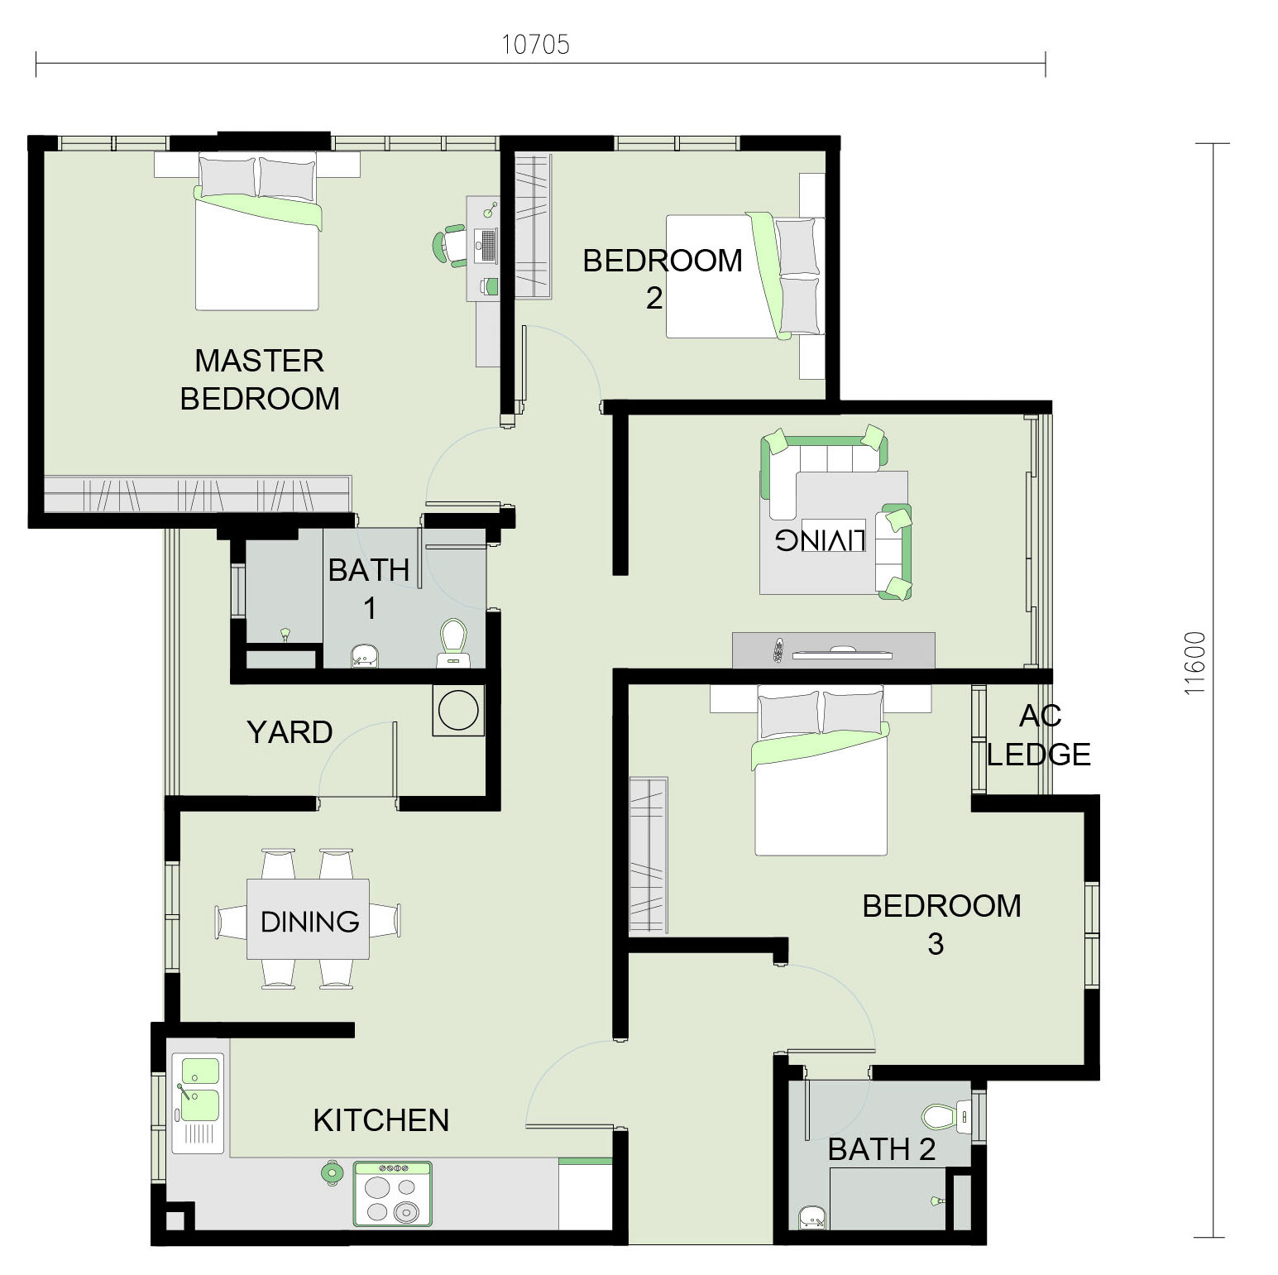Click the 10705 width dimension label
click(536, 44)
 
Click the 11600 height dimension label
click(1194, 663)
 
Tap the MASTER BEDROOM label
click(260, 380)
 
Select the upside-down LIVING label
click(820, 539)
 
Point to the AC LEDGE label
click(1039, 735)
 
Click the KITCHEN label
click(381, 1120)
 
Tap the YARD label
click(290, 732)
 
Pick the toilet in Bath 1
click(452, 643)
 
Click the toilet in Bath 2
click(946, 1117)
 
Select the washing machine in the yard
click(458, 710)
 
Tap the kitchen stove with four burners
click(393, 1193)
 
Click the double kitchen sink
click(197, 1103)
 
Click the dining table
click(309, 919)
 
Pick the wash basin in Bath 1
click(364, 655)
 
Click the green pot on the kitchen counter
click(333, 1172)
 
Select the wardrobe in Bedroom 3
click(649, 856)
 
